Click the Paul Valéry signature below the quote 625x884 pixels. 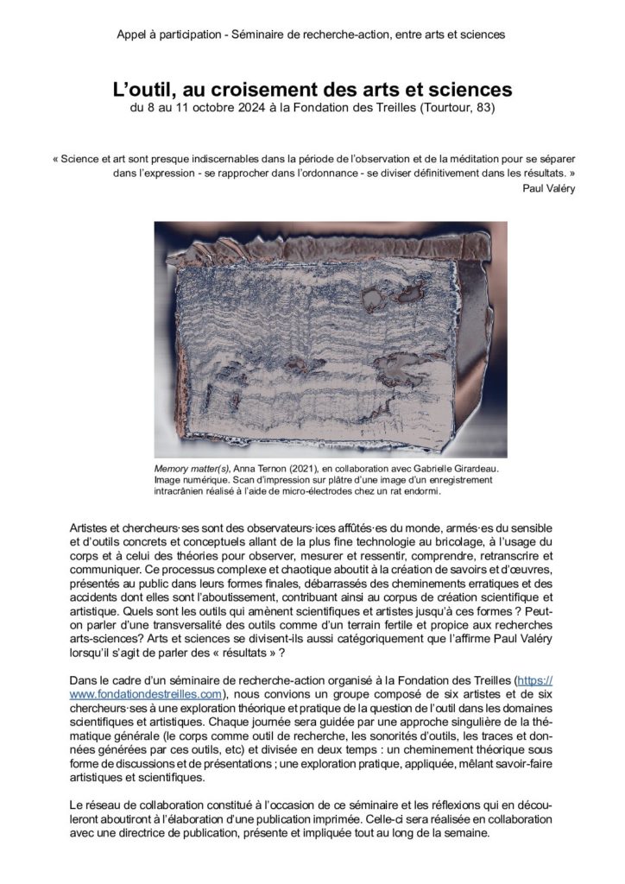click(x=549, y=189)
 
